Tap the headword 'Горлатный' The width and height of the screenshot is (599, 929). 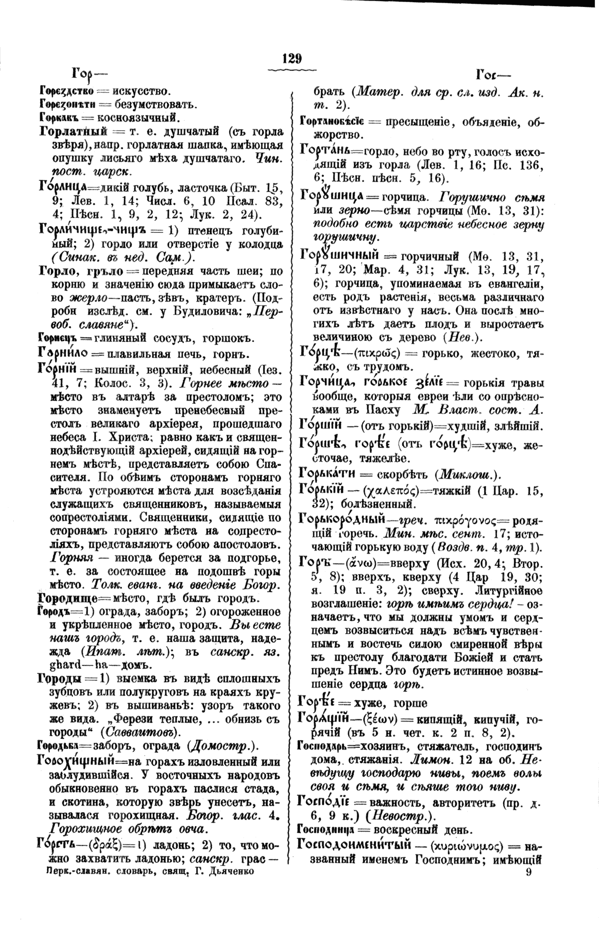pos(74,131)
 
